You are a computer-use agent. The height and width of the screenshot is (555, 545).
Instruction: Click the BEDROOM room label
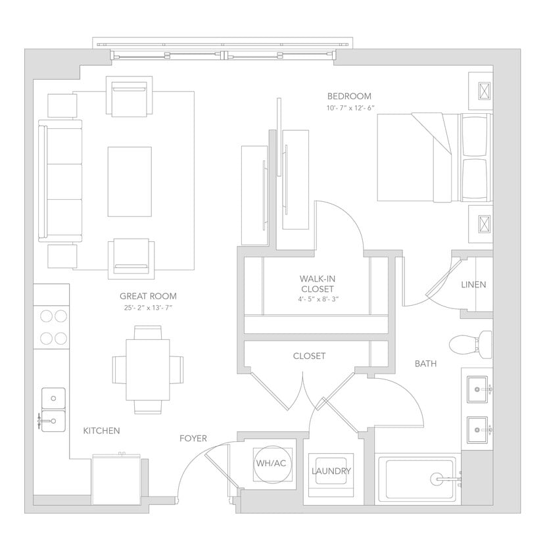coord(349,96)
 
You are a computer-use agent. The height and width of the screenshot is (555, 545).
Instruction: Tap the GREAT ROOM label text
coord(148,296)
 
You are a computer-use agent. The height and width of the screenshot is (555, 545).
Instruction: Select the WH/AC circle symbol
coord(271,464)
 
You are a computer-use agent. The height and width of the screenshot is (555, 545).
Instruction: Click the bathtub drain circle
coord(438,479)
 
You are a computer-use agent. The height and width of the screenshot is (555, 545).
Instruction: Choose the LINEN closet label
coord(473,285)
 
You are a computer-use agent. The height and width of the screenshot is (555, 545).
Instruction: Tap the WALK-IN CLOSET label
coord(317,283)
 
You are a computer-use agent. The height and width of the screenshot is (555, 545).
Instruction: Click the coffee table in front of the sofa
coord(130,181)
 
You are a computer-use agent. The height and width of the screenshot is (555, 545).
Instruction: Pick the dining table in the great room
coord(147,370)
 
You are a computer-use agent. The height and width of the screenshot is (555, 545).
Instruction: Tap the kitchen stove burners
coord(53,327)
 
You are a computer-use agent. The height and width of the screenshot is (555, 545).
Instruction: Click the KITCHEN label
coord(101,431)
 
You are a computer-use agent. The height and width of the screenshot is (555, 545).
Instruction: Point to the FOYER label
coord(193,438)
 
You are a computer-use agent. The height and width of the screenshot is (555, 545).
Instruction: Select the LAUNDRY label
coord(331,471)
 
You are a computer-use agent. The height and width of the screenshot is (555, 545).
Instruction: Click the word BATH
coord(425,363)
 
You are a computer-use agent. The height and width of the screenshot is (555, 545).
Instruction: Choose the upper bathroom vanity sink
coord(477,389)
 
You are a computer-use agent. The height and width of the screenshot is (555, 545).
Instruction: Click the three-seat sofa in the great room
coord(60,181)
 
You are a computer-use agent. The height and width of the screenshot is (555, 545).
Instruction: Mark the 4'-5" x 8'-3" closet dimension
coord(317,299)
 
